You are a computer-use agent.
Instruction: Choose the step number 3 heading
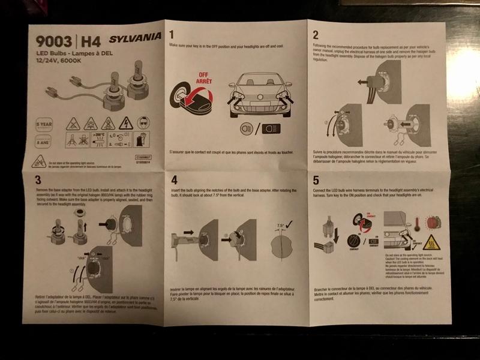pos(38,179)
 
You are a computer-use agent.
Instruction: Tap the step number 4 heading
pos(174,179)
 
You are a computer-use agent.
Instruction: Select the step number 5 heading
pos(317,179)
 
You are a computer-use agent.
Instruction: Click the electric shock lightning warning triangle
pos(127,123)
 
